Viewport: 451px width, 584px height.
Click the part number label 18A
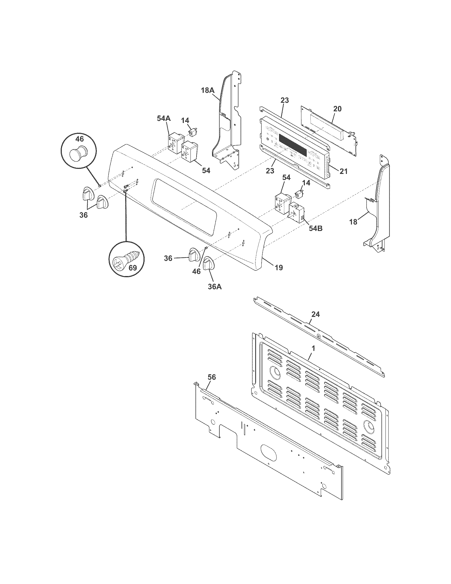tap(208, 90)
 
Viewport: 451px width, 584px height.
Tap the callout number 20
tap(337, 109)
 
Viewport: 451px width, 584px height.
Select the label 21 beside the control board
tap(343, 171)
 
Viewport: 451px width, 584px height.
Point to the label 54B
tap(315, 229)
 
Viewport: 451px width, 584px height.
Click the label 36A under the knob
tap(215, 286)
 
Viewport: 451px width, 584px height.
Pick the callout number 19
tap(278, 267)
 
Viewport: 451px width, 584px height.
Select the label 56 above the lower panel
tap(212, 377)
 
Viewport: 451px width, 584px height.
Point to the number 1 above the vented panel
tap(314, 349)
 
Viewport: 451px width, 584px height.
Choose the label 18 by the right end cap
tap(353, 222)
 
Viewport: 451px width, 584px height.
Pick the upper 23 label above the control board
tap(285, 101)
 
